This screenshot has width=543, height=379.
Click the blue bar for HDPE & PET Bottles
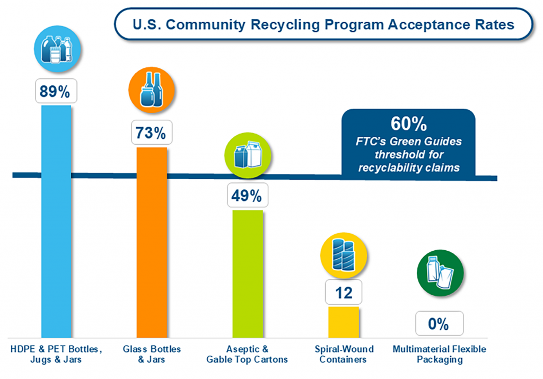tap(56, 223)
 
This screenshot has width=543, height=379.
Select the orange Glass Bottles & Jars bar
tap(152, 244)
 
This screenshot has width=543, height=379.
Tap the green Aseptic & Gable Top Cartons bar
tap(248, 273)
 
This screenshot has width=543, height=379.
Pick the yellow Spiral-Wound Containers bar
tap(344, 322)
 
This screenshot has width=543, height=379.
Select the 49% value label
tap(247, 196)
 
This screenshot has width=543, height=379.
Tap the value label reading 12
tap(344, 293)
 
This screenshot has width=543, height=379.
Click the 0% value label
tap(439, 323)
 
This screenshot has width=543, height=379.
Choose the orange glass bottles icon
tap(150, 91)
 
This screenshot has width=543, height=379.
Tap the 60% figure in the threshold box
tap(408, 125)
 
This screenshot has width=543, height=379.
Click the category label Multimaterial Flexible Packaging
tap(440, 354)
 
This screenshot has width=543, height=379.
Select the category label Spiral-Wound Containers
tap(344, 354)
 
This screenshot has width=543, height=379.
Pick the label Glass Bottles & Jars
tap(152, 354)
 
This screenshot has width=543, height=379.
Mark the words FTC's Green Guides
tap(408, 142)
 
